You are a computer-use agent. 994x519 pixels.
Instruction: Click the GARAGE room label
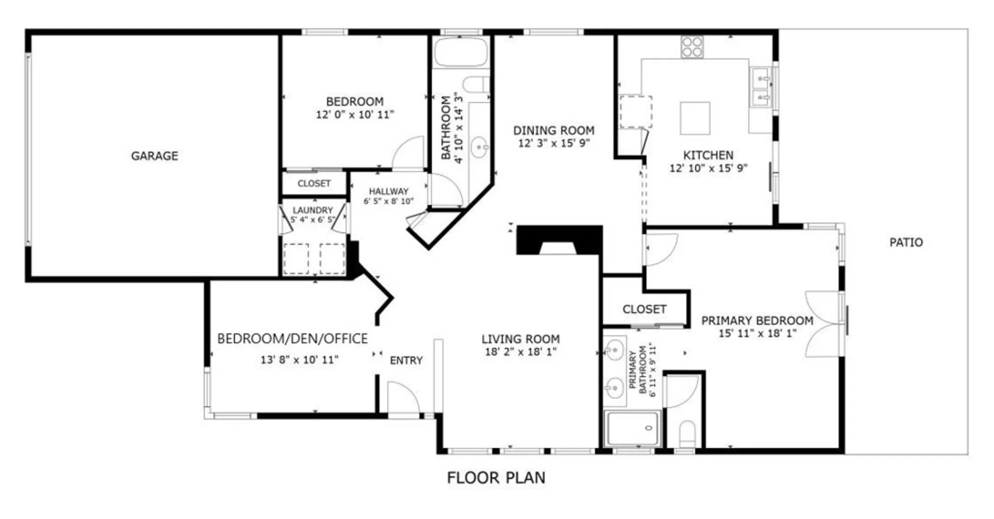tap(155, 156)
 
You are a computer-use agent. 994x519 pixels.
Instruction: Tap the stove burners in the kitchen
tap(692, 47)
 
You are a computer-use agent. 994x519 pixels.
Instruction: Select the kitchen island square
tap(695, 118)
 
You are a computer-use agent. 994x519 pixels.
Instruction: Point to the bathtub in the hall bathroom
tap(461, 52)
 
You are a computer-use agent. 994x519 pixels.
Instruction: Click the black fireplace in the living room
tap(560, 240)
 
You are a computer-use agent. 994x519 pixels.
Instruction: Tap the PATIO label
tap(906, 242)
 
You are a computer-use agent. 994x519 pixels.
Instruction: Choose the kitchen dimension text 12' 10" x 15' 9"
tap(708, 168)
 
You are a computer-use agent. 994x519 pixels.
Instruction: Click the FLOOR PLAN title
tap(496, 478)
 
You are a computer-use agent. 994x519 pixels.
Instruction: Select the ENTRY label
tap(406, 360)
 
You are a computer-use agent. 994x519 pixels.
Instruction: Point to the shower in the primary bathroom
tap(633, 428)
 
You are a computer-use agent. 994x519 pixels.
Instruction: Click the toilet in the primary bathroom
tap(688, 434)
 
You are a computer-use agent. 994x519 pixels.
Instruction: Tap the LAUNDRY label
tap(313, 210)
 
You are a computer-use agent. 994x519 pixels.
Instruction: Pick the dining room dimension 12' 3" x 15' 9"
tap(554, 143)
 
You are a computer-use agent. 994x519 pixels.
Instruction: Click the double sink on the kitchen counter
tap(761, 87)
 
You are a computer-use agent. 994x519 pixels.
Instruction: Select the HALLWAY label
tap(389, 191)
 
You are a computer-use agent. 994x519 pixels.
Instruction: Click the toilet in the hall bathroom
tap(476, 85)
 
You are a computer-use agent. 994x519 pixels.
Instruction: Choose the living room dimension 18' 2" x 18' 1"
tap(520, 352)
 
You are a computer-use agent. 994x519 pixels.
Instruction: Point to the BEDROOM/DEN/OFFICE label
tap(292, 339)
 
